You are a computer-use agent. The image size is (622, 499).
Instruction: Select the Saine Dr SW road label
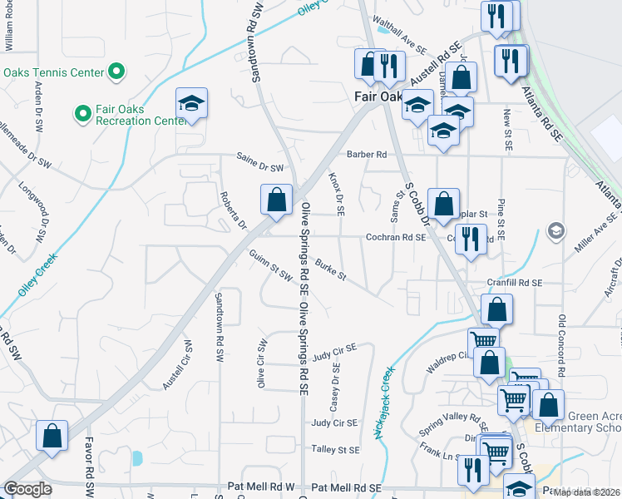point(259,166)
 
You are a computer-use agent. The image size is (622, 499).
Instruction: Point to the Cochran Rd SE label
point(396,237)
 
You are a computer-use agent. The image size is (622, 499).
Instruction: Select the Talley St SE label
point(335,449)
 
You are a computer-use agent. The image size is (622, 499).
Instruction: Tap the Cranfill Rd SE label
point(515,283)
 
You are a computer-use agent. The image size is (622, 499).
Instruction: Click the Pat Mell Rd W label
point(261,487)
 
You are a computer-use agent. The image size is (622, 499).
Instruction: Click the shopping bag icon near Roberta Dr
point(276,200)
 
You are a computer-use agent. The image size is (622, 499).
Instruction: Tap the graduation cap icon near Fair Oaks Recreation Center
point(191,104)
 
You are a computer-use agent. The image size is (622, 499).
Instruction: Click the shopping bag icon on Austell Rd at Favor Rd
point(52,436)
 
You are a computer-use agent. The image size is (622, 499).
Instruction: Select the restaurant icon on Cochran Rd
point(471,239)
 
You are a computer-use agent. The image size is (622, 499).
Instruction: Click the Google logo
point(28,489)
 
